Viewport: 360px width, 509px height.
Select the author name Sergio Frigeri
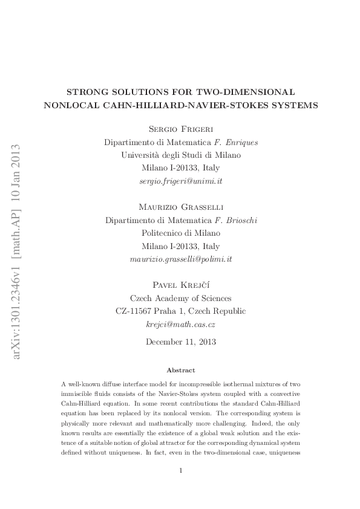click(180, 130)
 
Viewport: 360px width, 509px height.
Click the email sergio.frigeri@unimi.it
click(180, 181)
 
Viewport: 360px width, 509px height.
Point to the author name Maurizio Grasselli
click(180, 207)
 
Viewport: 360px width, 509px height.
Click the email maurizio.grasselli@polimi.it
click(180, 259)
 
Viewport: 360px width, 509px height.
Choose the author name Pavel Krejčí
click(180, 285)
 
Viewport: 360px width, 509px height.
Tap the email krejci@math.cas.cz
click(180, 324)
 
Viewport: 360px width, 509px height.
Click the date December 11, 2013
click(180, 342)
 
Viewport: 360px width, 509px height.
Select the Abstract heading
click(180, 370)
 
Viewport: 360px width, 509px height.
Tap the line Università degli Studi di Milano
click(180, 155)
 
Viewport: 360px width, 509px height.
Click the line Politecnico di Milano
click(180, 233)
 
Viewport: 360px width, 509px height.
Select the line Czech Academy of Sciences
click(180, 298)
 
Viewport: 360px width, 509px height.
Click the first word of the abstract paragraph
click(64, 384)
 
